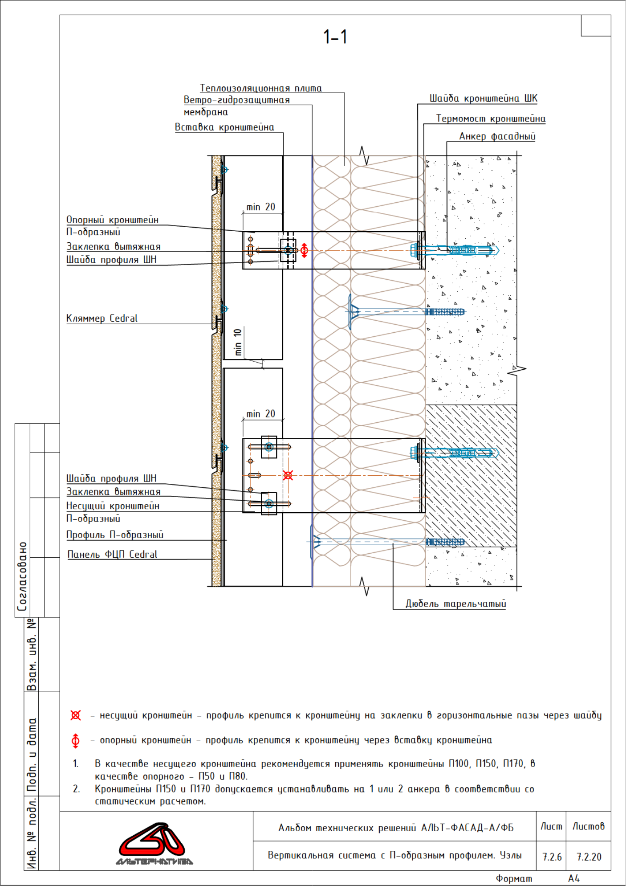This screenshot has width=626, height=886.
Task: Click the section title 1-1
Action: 335,37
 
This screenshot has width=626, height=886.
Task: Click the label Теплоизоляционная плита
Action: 261,88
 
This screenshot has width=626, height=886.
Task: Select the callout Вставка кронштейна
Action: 224,127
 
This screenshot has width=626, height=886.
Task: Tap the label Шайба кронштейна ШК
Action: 484,98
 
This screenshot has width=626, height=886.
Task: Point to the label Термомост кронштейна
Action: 491,118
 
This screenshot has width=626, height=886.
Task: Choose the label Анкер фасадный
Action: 497,136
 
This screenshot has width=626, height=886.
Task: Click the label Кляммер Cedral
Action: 102,318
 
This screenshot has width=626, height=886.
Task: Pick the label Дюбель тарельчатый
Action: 455,604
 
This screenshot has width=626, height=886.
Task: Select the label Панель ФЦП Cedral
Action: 112,555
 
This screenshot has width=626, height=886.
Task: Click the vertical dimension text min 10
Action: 238,342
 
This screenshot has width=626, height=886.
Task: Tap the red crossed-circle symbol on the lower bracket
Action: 288,475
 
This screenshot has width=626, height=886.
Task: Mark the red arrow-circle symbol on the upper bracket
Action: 305,250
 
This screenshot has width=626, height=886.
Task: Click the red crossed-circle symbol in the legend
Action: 76,715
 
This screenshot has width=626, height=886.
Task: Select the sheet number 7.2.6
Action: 552,857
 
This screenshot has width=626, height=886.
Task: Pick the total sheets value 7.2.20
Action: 589,857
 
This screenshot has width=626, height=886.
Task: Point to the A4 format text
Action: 573,878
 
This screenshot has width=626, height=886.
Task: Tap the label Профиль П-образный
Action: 115,535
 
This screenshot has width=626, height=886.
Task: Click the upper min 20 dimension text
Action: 261,207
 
